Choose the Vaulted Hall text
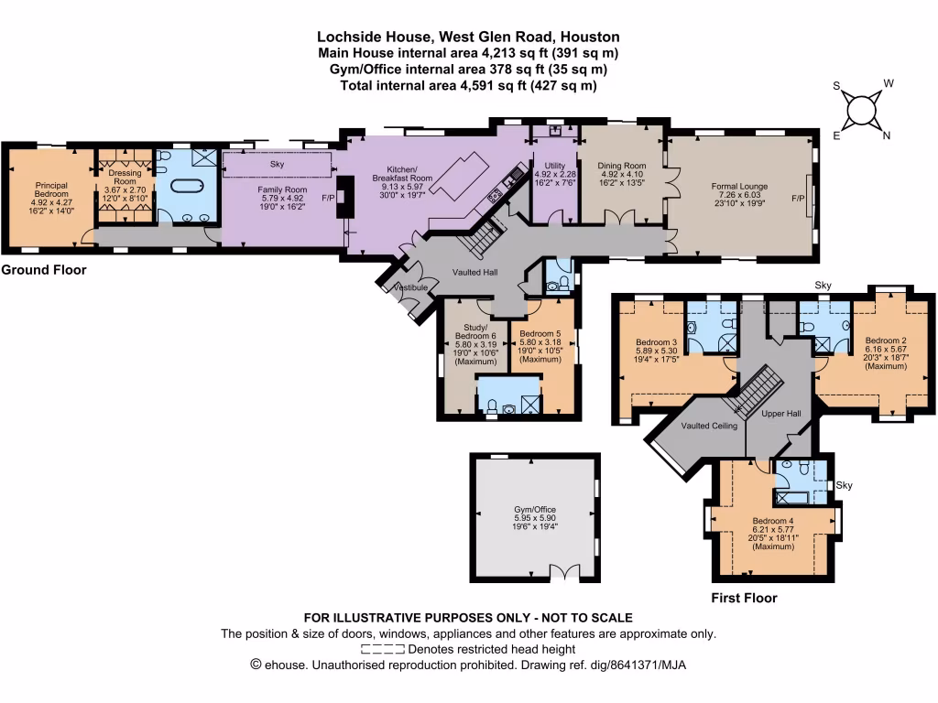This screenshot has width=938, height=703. click(474, 272)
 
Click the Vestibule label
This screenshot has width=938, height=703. click(411, 287)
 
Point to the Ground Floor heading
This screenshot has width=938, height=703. click(44, 270)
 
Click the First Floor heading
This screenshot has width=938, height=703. click(744, 598)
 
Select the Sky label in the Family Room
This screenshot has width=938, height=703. click(277, 165)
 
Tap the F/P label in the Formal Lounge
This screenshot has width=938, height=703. click(797, 198)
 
